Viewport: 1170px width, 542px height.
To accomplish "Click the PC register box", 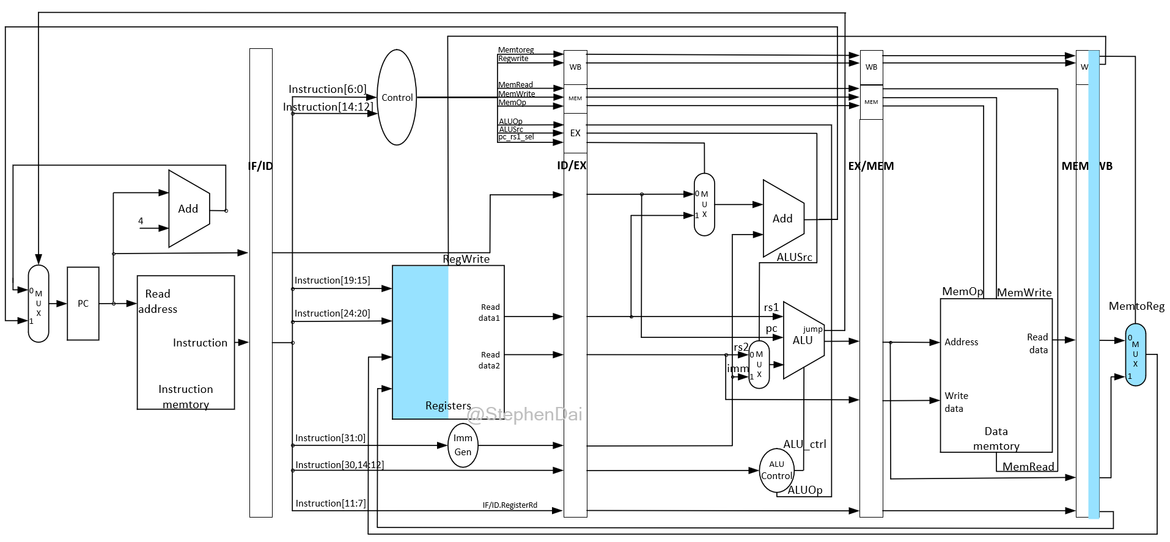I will coord(83,304).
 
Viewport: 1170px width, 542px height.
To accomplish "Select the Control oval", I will coord(397,97).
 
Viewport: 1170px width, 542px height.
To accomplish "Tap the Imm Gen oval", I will coord(463,445).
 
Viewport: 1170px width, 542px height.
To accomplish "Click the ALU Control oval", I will coord(776,471).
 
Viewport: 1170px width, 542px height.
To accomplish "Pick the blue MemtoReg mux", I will coord(1135,355).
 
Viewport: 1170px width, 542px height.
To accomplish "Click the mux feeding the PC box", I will coord(39,304).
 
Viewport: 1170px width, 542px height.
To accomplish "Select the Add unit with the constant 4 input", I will coord(189,209).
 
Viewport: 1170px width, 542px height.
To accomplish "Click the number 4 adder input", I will coord(141,221).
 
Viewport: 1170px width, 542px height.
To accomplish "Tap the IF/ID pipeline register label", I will coord(260,166).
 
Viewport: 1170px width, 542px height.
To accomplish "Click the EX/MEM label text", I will coord(870,166).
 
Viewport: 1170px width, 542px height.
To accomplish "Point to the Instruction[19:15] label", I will coord(332,280).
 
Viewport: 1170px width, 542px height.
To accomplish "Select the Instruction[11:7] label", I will coord(331,504).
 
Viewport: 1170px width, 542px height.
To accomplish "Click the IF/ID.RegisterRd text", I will coord(510,505).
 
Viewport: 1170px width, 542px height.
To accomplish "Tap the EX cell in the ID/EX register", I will coord(575,133).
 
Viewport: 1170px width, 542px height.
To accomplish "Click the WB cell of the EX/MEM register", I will coord(871,67).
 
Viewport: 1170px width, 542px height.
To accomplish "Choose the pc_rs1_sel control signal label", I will coord(516,137).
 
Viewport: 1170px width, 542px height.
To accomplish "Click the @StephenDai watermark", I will coord(524,415).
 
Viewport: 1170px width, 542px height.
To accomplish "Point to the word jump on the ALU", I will coord(813,329).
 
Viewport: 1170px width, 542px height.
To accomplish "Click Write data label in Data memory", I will coord(956,402).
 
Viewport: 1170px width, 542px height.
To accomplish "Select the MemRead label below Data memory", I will coord(1028,467).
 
